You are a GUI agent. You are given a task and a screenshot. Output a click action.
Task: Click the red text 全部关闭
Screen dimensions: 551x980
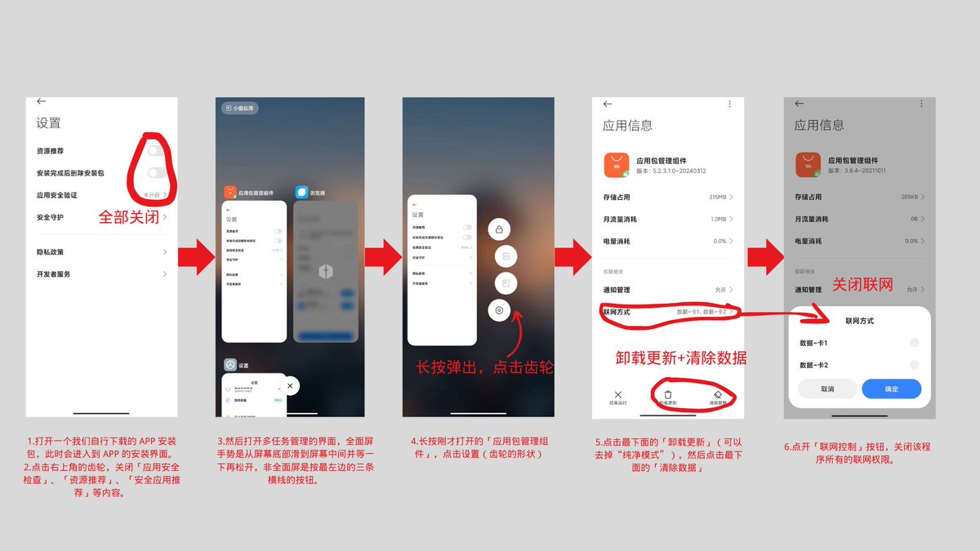[130, 218]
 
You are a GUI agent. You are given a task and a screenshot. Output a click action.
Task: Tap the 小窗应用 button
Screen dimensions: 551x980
[239, 108]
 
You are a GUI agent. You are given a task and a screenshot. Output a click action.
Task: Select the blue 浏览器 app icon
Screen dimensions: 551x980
[302, 192]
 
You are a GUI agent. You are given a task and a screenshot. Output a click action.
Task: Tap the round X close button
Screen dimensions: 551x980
[291, 385]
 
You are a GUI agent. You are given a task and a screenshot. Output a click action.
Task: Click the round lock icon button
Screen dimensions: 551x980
[499, 229]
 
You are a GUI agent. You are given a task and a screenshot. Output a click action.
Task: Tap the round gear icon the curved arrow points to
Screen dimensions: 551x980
[500, 310]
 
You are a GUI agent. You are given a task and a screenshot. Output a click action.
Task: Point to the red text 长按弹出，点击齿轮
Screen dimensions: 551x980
[485, 367]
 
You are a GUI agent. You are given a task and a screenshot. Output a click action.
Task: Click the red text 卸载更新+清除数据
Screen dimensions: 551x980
[680, 358]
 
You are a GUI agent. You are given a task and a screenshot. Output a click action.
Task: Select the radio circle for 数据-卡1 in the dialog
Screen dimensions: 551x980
[914, 343]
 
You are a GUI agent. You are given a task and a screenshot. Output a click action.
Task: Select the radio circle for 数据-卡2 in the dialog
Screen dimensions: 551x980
[914, 365]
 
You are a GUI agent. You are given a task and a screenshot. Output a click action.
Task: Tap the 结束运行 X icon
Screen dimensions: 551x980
[618, 394]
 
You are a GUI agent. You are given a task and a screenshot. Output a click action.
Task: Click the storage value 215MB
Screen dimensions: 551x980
[719, 197]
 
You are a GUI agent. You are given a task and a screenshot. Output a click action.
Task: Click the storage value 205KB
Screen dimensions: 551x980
[909, 197]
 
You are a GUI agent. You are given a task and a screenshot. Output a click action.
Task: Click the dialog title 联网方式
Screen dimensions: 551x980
[859, 322]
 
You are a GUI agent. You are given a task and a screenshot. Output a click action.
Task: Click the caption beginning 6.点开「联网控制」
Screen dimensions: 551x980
[857, 452]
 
